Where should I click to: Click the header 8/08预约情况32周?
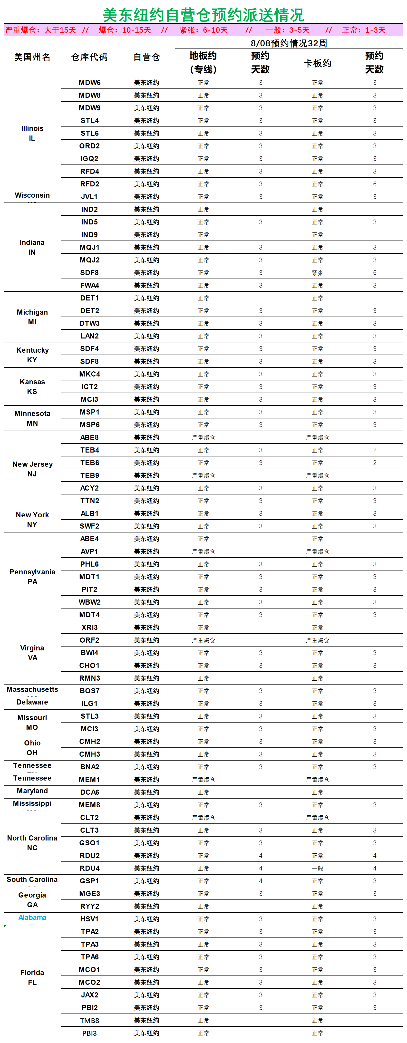[x=289, y=43]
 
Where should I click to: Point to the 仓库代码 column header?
[x=89, y=57]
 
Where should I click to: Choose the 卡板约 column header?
[x=318, y=63]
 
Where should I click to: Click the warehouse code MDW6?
[x=89, y=83]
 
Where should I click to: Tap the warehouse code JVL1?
[x=89, y=197]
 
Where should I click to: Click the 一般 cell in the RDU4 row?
[x=318, y=868]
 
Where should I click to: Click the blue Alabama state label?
[x=32, y=917]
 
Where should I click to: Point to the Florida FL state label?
[x=32, y=977]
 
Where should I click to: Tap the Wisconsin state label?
[x=32, y=195]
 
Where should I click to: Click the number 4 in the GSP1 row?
[x=260, y=881]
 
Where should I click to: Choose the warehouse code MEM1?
[x=89, y=779]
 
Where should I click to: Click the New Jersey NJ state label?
[x=32, y=469]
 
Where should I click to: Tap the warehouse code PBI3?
[x=89, y=1033]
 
